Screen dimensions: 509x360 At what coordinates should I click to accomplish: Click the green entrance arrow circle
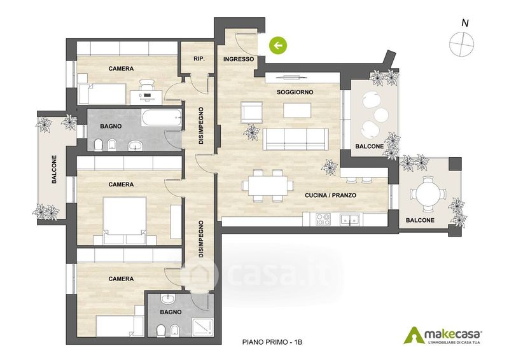coord(278,45)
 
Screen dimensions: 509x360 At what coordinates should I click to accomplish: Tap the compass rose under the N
coord(461,45)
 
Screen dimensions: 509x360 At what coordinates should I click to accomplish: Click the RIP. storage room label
coord(199,59)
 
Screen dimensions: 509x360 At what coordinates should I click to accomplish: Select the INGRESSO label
coord(239,59)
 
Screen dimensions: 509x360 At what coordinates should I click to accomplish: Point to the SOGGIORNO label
coord(295,92)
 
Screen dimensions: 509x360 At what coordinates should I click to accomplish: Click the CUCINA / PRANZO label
coord(330,195)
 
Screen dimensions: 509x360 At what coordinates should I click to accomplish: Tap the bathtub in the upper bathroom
coord(161,118)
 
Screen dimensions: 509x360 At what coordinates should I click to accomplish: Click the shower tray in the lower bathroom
coord(202,328)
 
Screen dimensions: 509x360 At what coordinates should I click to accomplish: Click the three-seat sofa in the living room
coord(295,139)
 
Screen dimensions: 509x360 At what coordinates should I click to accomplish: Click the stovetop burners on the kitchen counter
coord(323,219)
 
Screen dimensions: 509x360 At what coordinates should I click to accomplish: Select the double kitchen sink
coord(349,219)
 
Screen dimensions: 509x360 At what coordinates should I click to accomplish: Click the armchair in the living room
coord(251,113)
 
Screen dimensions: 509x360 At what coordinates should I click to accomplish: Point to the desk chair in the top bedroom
coord(147,86)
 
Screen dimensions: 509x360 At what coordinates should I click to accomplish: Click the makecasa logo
coord(443,335)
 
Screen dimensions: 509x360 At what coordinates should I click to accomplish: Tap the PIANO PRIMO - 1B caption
coord(272,342)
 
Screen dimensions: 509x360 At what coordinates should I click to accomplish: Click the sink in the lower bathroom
coord(168,299)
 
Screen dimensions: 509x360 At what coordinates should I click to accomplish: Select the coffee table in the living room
coord(297,110)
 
